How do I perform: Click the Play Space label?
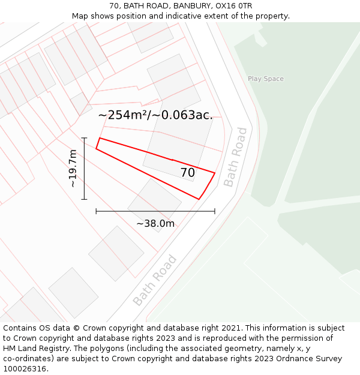point(266,79)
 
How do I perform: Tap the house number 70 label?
point(187,173)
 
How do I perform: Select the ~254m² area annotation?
point(155,115)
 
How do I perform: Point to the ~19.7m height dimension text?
point(73,169)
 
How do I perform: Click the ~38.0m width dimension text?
point(155,224)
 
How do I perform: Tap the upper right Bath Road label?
point(235,157)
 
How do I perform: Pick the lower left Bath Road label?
point(155,280)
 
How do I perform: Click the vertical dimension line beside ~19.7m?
point(84,169)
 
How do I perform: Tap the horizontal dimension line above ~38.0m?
point(155,211)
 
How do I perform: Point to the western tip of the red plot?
point(97,147)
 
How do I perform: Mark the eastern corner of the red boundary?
point(214,173)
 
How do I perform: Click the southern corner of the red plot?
point(199,199)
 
